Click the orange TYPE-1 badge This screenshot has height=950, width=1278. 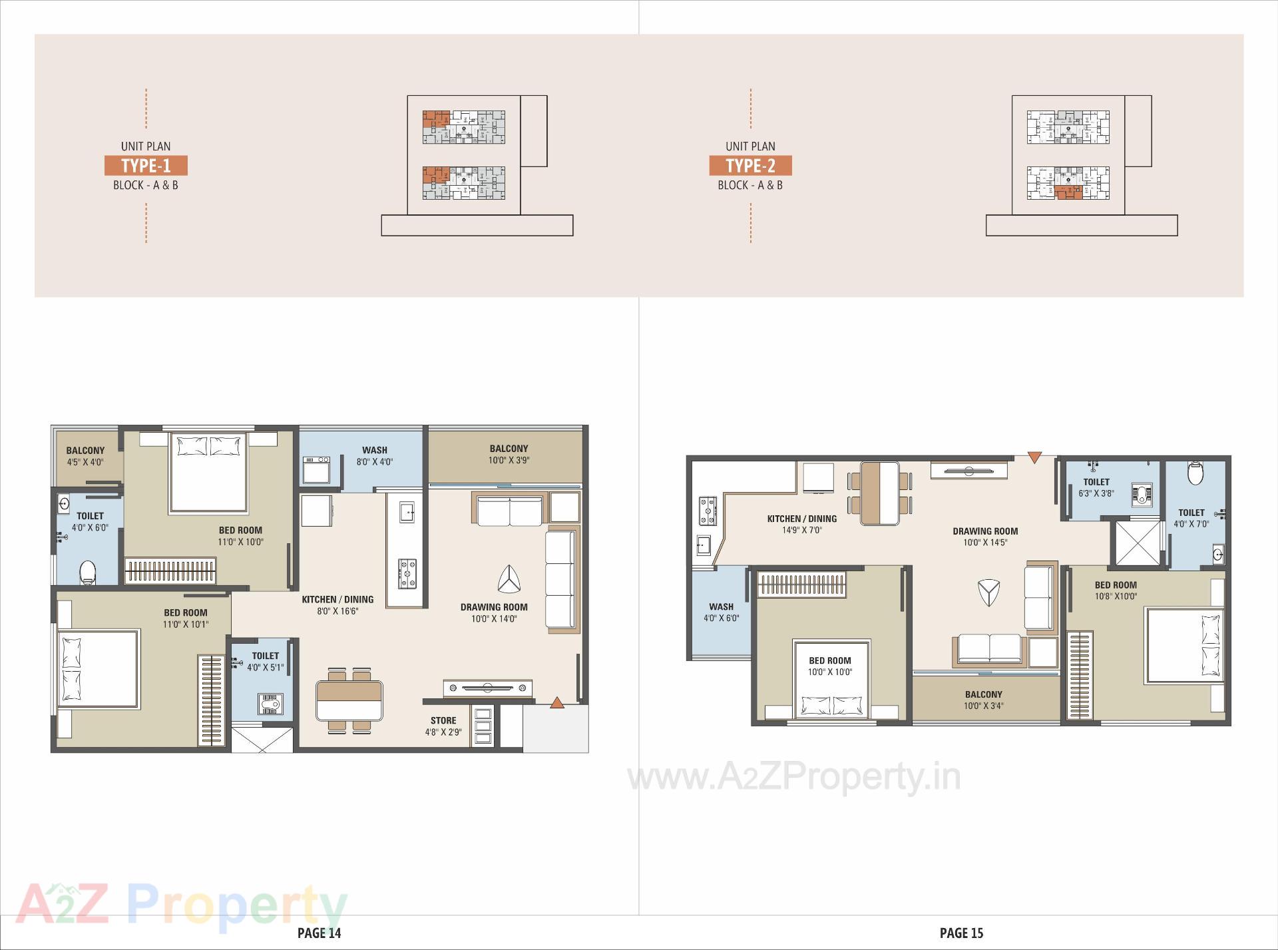pos(146,166)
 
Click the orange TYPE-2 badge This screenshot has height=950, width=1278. pos(750,166)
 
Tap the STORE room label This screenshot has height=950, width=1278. pos(443,726)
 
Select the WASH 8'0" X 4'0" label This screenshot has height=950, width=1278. pos(375,456)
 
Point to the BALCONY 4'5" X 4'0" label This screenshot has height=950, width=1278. pos(85,456)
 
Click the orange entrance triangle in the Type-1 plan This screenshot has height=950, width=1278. pos(557,702)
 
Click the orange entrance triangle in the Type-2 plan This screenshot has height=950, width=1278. pos(1034,457)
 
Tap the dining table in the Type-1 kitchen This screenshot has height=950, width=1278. pos(350,700)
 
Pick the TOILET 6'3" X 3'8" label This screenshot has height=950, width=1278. pos(1096,487)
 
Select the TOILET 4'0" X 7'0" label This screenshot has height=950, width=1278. pos(1191,518)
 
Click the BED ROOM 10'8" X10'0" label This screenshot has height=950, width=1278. pos(1116,591)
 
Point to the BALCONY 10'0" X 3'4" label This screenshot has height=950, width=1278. pos(983,700)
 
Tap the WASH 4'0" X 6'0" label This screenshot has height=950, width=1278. pos(721,612)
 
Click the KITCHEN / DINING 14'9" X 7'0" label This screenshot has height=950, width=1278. pos(802,524)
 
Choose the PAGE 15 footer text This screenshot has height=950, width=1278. pos(961,933)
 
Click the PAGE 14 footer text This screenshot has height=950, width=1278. pos(319,933)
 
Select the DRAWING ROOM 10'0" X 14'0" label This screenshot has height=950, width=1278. pos(494,612)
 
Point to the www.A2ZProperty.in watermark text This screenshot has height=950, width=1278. pos(794,777)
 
